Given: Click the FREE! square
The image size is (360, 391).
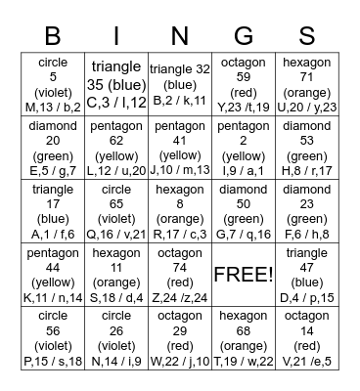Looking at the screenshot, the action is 244,274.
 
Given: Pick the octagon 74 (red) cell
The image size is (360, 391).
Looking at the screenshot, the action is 180,274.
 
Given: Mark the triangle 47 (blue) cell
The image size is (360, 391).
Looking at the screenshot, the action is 306,274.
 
